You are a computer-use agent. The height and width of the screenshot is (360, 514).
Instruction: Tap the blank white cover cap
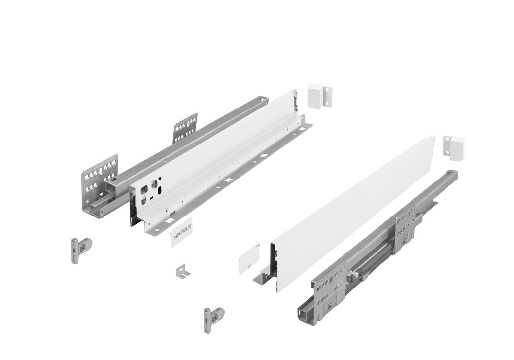(249, 258)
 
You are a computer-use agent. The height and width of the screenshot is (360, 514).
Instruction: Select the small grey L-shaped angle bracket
(183, 271)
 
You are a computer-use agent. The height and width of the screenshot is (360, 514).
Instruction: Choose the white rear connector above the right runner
(454, 147)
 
